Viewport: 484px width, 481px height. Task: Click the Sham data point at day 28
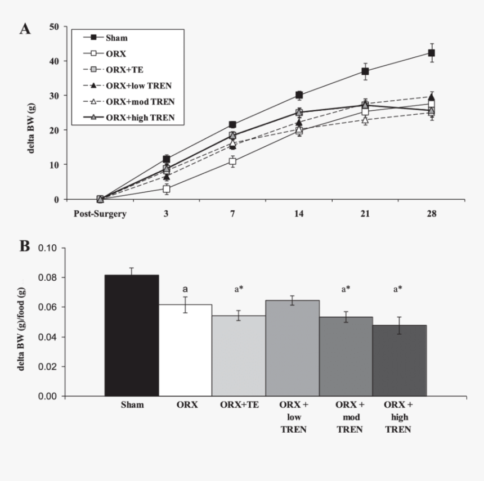click(x=432, y=53)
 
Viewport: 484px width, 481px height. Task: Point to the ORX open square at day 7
click(x=232, y=161)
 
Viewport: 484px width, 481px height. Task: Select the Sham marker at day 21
click(x=365, y=71)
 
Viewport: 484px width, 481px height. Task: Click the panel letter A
click(x=25, y=29)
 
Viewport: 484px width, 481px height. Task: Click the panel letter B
click(x=25, y=246)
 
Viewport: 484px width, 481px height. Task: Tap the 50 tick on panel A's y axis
click(x=54, y=26)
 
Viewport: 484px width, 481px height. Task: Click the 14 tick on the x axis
click(x=299, y=214)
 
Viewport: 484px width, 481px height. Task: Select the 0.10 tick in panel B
click(x=48, y=248)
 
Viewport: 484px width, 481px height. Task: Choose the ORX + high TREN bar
click(x=400, y=360)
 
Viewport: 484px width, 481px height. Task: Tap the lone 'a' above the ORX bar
click(x=185, y=289)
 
